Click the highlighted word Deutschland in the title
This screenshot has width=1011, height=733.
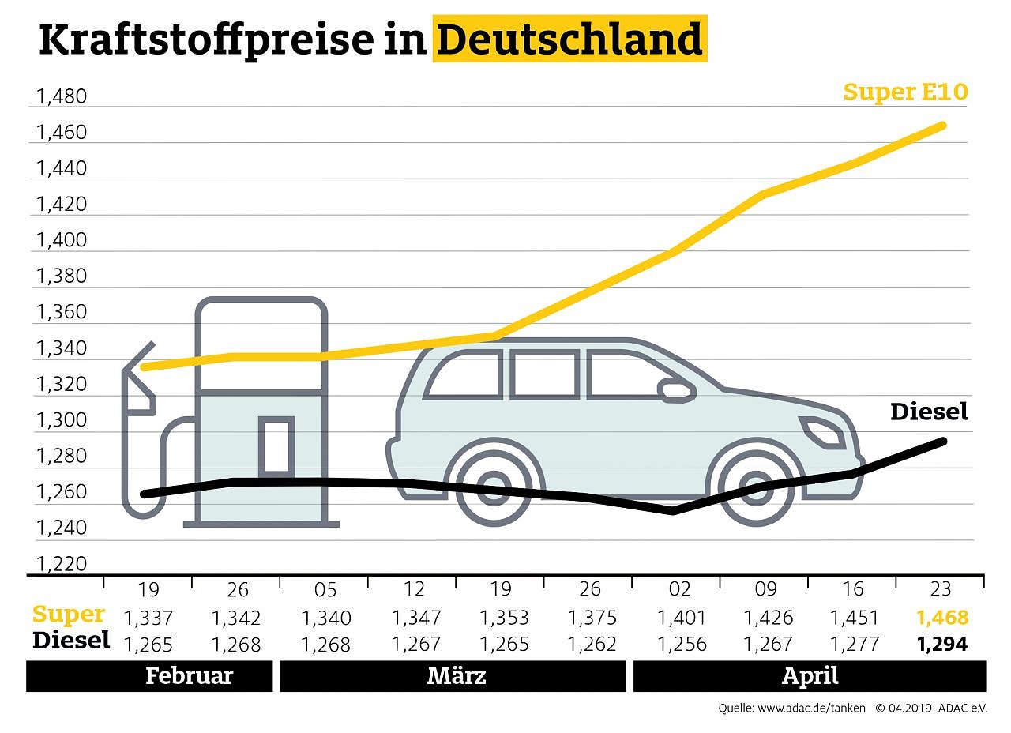569,39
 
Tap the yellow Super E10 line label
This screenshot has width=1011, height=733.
905,92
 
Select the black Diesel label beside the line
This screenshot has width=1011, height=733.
929,412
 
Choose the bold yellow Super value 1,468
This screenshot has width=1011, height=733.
941,618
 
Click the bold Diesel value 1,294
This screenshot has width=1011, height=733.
941,645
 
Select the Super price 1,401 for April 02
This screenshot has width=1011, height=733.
679,618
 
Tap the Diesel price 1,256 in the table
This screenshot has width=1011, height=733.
679,645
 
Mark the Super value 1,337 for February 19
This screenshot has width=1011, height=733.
148,618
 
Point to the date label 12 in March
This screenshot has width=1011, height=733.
414,590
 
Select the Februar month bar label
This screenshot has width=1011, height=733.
189,676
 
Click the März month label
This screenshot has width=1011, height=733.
456,676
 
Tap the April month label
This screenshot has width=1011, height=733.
810,676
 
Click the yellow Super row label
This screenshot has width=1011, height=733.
69,615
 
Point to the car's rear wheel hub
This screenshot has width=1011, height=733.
494,487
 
